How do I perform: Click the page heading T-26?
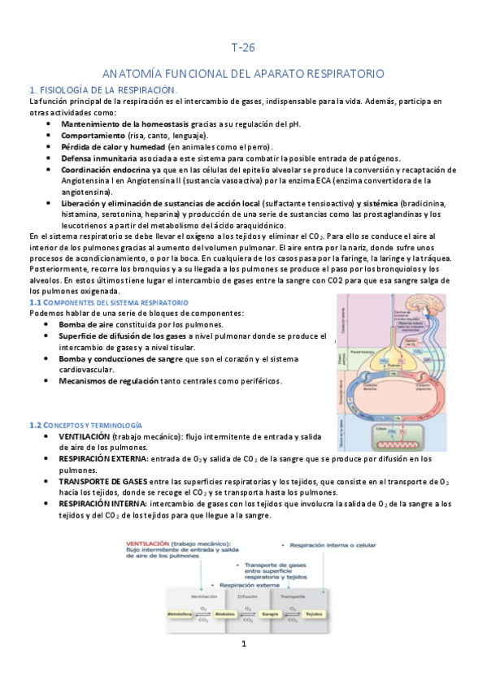click(243, 47)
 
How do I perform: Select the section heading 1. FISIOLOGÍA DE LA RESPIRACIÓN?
click(102, 89)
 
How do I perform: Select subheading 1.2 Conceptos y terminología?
click(85, 425)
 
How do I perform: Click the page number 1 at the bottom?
click(243, 644)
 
